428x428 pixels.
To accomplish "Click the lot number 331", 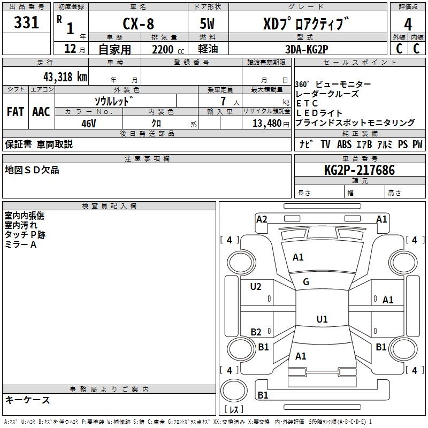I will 27,23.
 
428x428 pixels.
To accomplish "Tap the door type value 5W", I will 208,24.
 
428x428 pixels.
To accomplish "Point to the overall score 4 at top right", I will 408,24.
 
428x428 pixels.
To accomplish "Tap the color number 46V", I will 89,123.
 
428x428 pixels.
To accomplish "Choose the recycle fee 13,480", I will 266,123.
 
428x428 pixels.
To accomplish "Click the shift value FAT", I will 16,112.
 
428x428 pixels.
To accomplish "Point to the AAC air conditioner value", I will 41,112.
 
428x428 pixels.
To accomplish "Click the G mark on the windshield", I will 306,282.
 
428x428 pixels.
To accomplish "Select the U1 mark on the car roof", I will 322,319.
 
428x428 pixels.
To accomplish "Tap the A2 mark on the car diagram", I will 262,219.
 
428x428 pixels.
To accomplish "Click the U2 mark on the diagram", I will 256,287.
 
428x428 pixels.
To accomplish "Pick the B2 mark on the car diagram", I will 256,332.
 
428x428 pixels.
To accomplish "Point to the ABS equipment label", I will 344,144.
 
